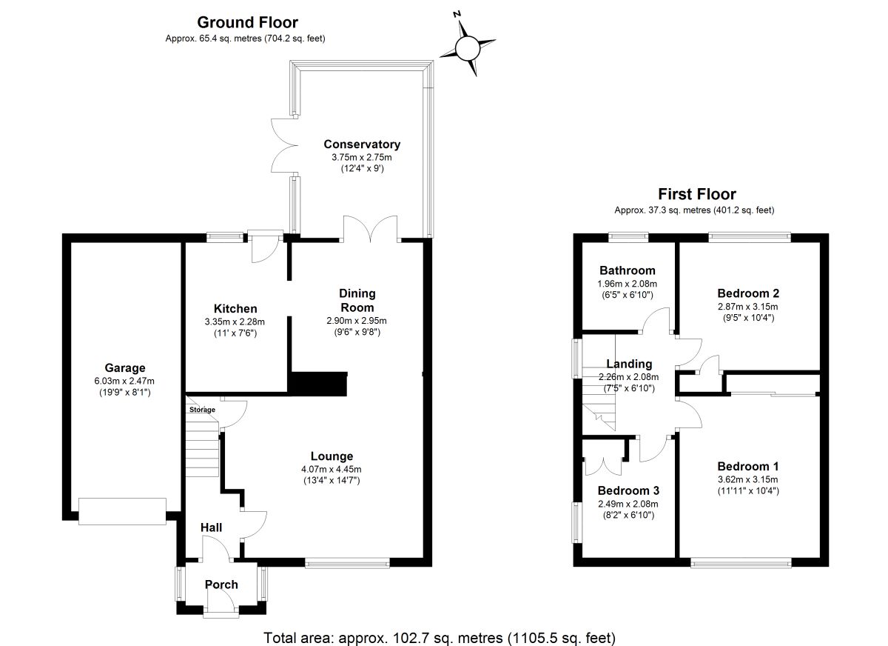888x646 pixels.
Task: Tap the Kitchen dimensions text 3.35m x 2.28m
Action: coord(235,322)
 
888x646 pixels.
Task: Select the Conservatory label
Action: coord(362,144)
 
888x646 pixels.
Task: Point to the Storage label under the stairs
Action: coord(202,410)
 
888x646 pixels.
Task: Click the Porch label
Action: coord(221,585)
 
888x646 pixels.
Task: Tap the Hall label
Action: coord(211,527)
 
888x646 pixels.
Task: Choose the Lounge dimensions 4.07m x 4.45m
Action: coord(332,469)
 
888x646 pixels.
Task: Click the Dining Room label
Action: coord(357,300)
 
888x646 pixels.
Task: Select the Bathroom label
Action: coord(628,270)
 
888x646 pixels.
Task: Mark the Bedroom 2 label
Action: coord(748,293)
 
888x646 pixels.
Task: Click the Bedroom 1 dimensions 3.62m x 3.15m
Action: coord(748,479)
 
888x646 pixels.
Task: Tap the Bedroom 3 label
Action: coord(628,490)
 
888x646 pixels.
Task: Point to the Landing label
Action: coord(629,364)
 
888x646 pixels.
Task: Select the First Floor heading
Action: coord(697,194)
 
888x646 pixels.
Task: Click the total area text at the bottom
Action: coord(440,637)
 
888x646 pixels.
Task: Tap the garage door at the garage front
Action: coord(122,511)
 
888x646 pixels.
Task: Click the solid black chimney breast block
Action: coord(320,383)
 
